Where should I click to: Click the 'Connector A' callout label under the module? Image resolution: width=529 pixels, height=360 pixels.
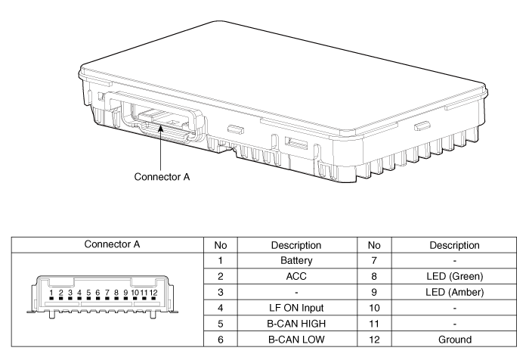pos(162,178)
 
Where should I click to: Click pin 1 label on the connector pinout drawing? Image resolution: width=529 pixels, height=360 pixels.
pos(51,291)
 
